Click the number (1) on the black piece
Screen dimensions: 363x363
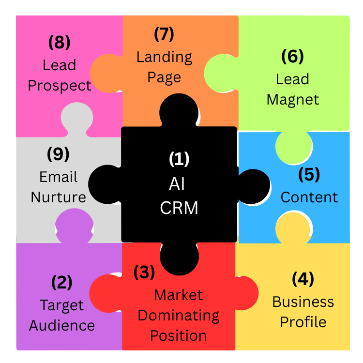tap(179, 159)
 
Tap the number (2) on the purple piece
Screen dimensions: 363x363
tap(61, 282)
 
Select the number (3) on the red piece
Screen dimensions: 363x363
tap(144, 272)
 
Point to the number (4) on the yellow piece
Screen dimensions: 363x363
tap(303, 279)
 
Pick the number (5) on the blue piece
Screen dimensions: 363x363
tap(309, 174)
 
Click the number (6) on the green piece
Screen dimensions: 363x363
tap(292, 57)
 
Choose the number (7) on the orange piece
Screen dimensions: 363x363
tap(164, 34)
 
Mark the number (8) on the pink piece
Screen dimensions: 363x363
tap(59, 43)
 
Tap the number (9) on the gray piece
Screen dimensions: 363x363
tap(58, 154)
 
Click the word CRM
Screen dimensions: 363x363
tap(179, 208)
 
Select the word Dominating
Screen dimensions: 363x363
tap(179, 316)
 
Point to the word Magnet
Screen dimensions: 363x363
tap(293, 100)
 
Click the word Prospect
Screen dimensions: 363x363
tap(60, 86)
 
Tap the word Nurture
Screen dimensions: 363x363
tap(59, 197)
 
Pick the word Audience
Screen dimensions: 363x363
tap(62, 325)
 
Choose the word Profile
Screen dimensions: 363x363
tap(303, 322)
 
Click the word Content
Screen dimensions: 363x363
tap(309, 197)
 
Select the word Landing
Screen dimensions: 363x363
tap(164, 57)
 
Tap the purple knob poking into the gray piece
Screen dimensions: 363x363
tap(74, 224)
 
